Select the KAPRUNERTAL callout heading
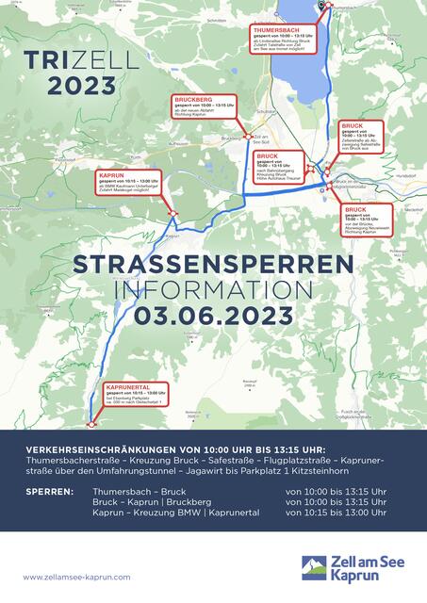tap(127, 386)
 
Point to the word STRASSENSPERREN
tap(213, 264)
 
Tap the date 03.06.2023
tap(213, 314)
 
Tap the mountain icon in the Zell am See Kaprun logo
tap(314, 566)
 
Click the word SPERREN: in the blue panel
tap(51, 492)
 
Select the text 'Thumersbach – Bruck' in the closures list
tap(140, 492)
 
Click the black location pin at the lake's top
tap(321, 6)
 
